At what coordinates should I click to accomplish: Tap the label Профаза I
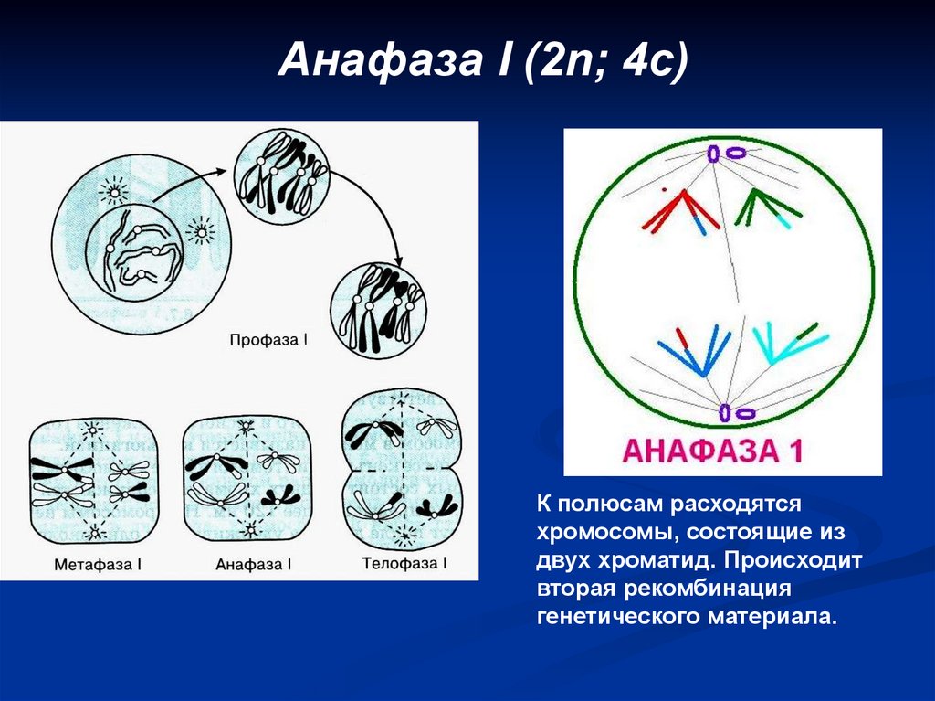click(x=269, y=340)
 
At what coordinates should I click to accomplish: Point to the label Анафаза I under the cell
click(x=254, y=564)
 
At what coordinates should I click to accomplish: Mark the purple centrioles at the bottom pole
click(x=735, y=413)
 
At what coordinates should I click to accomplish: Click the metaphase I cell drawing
click(x=89, y=481)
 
